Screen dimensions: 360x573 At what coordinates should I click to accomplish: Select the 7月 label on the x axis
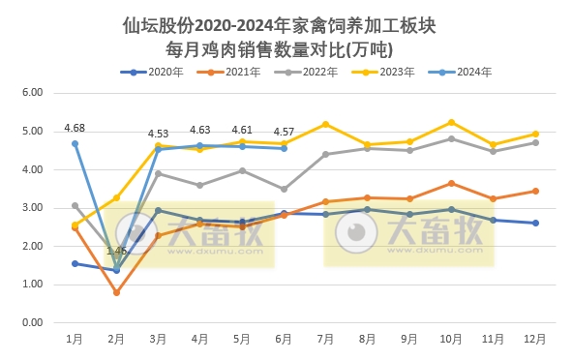[325, 339]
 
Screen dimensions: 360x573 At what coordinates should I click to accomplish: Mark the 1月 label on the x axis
[75, 339]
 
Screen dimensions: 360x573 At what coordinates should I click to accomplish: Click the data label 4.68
[75, 128]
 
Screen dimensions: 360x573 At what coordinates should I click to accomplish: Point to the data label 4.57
[284, 132]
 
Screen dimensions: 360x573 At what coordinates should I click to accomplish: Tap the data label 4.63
[200, 130]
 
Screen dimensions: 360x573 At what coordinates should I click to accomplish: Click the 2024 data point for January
[75, 143]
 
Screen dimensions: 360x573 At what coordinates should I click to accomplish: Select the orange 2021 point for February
[116, 292]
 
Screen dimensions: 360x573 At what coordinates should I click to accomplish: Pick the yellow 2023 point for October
[451, 122]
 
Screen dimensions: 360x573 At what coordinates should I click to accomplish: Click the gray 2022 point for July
[325, 154]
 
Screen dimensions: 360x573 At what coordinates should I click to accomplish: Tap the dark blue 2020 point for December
[534, 223]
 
